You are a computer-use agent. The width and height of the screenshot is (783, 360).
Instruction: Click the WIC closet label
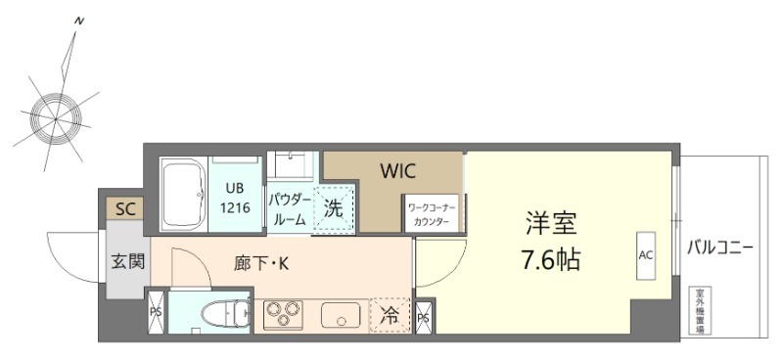click(x=398, y=171)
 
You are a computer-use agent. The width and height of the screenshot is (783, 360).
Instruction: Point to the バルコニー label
click(x=719, y=247)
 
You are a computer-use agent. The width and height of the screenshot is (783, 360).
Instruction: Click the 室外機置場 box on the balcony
click(x=701, y=310)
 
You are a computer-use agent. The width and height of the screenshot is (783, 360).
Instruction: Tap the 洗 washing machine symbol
click(x=334, y=208)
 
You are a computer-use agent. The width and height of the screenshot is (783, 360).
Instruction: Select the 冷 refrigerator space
click(x=390, y=315)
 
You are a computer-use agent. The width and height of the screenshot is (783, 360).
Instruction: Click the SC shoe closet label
click(x=125, y=208)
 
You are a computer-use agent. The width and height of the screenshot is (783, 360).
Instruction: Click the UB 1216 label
click(x=236, y=197)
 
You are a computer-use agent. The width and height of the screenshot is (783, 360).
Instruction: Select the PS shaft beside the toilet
click(x=156, y=312)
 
